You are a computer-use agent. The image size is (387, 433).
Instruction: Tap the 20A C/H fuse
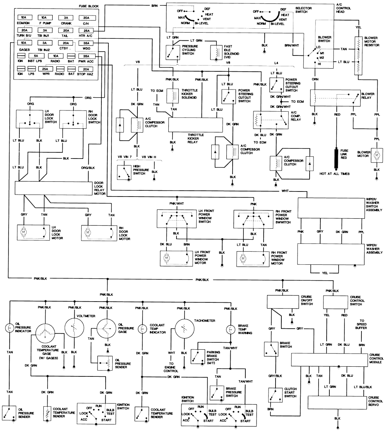point(84,18)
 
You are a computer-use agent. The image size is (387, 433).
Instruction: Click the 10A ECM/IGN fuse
point(24,18)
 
